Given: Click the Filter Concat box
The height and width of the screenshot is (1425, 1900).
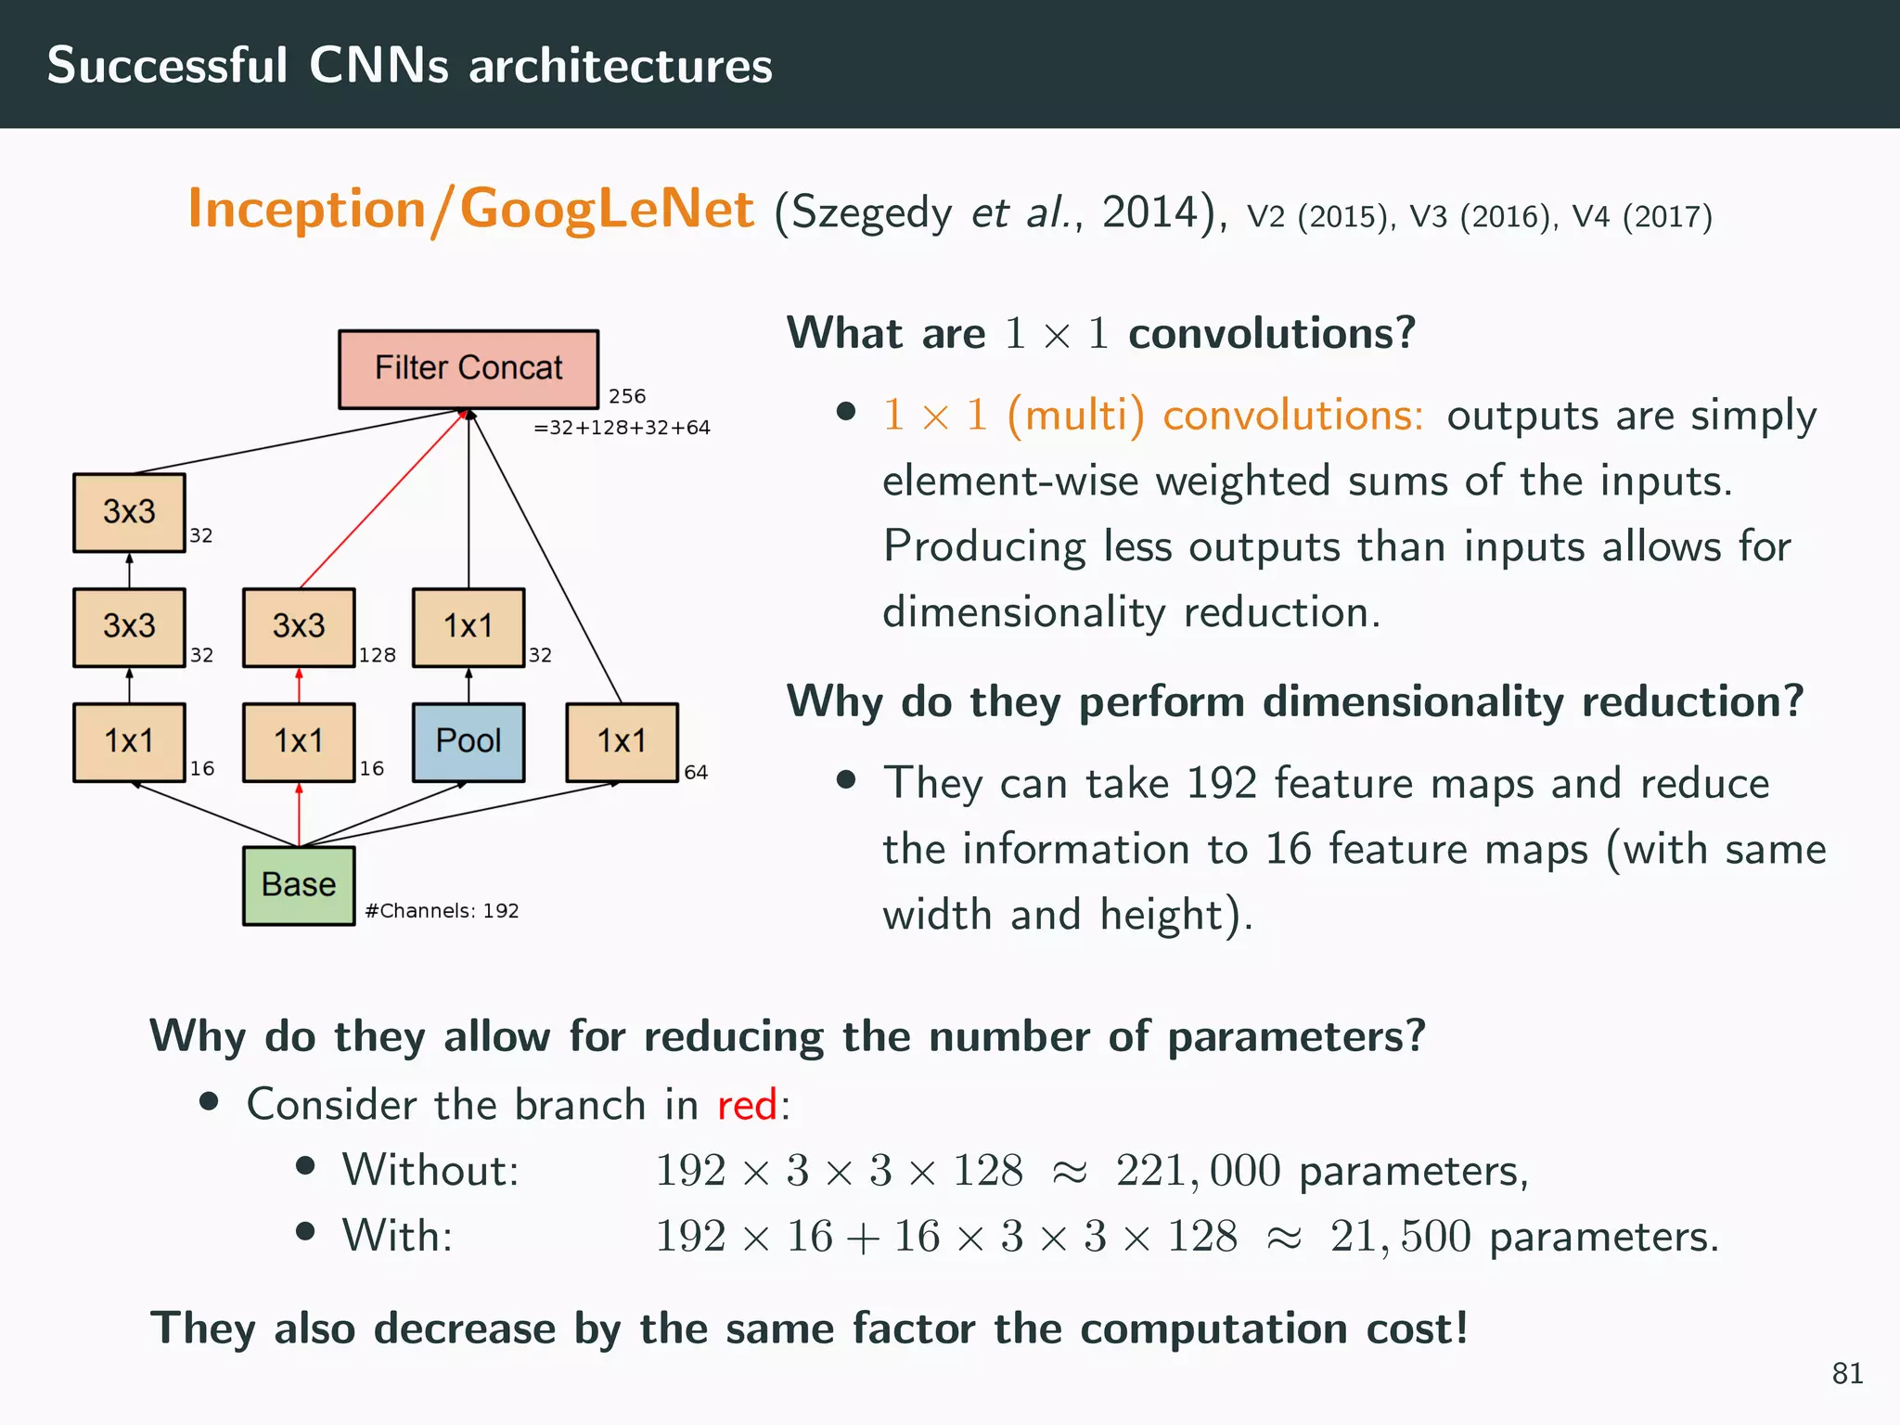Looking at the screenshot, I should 468,368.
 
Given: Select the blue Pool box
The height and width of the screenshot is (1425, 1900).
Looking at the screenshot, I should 468,741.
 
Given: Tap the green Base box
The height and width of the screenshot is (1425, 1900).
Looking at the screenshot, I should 299,885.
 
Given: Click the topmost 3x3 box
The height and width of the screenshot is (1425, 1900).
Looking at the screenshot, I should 129,512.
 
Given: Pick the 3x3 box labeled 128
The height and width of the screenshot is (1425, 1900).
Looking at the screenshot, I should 299,626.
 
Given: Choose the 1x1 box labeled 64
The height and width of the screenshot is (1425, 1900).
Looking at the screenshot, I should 622,741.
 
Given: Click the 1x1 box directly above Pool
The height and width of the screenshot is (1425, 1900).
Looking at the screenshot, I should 468,626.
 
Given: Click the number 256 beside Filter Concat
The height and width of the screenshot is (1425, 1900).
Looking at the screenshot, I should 627,396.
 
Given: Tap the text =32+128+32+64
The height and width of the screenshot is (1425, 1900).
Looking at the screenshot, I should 622,428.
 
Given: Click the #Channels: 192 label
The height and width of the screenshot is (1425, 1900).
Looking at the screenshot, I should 442,911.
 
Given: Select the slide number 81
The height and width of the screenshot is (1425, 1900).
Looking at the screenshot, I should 1847,1373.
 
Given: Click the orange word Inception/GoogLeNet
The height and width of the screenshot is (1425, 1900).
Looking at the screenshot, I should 470,209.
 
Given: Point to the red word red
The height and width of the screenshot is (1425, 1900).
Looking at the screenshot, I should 747,1105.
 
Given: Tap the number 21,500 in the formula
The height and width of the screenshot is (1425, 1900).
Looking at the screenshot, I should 1400,1237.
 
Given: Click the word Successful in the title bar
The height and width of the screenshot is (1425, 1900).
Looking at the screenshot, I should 167,65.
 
